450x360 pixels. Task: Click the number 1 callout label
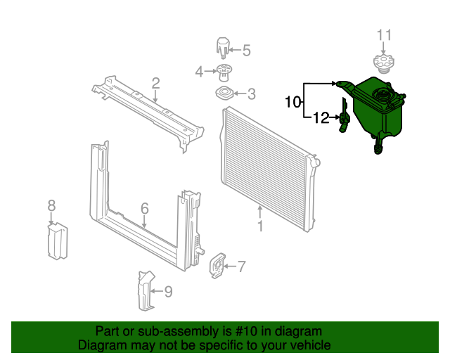pos(260,226)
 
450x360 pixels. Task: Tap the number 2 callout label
pos(155,83)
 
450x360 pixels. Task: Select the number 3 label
pos(251,94)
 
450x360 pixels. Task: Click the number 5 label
pos(246,49)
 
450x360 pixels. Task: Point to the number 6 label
pos(144,208)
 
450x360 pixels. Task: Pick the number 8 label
pos(51,205)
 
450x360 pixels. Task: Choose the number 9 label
pos(168,290)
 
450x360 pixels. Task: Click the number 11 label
pos(383,35)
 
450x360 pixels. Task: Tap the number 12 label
pos(321,118)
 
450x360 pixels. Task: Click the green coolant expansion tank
pos(376,109)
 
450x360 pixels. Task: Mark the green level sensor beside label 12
pos(344,117)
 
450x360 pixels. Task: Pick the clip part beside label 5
pos(224,49)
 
